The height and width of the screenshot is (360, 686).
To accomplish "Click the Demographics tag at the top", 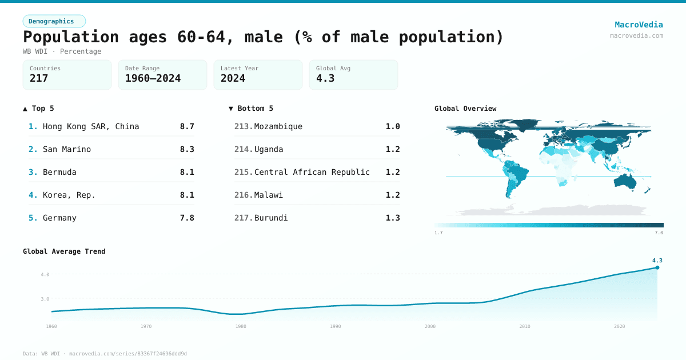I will (x=54, y=21).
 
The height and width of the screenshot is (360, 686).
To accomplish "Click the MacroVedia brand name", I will (x=639, y=25).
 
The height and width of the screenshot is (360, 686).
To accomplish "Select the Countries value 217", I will (x=39, y=78).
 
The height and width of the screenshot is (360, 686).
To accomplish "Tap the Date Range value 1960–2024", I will (x=153, y=78).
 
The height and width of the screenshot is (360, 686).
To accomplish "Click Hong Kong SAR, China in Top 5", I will (x=91, y=126).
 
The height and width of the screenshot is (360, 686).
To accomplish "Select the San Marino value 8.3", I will (x=187, y=149).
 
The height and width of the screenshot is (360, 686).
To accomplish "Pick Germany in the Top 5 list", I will (x=59, y=218).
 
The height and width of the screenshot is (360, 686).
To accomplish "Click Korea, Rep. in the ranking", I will (x=69, y=195).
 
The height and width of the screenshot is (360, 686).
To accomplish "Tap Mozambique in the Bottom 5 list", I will (x=278, y=126).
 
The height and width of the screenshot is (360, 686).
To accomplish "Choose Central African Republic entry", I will (x=312, y=172).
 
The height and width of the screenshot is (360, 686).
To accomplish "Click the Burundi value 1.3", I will (x=393, y=218).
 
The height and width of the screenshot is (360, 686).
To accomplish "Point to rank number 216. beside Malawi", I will (x=244, y=195).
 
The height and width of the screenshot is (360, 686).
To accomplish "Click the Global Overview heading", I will (x=465, y=109).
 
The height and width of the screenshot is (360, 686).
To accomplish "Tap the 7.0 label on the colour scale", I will (x=659, y=233).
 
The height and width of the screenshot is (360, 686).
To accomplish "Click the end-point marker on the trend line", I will (x=657, y=267).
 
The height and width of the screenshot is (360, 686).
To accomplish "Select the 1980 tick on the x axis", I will (x=241, y=326).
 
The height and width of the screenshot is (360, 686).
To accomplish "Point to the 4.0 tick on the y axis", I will (x=45, y=274).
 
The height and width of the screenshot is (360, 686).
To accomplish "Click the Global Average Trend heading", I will (x=64, y=251).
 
